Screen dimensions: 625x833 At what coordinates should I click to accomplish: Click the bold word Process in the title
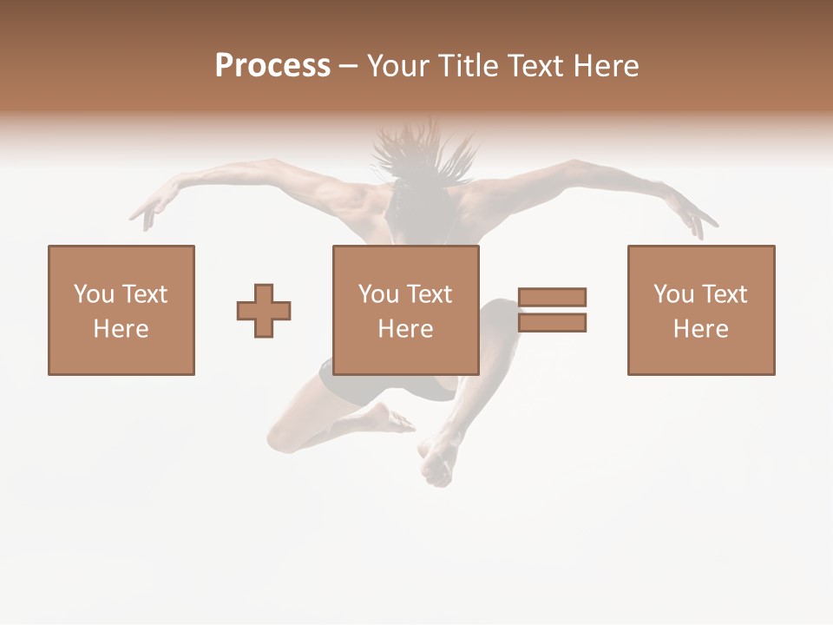tap(272, 66)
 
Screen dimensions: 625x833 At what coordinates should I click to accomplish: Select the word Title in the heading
tap(466, 66)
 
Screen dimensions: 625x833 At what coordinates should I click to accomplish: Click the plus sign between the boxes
tap(264, 311)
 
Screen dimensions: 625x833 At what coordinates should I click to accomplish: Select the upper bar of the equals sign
tap(552, 297)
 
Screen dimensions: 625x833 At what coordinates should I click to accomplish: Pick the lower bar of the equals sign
tap(552, 323)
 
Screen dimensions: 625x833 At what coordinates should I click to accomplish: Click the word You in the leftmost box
tap(93, 294)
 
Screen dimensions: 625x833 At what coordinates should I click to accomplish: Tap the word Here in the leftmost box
tap(121, 329)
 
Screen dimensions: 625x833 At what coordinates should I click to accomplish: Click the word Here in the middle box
tap(405, 329)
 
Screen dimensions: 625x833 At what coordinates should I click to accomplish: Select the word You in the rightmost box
tap(673, 294)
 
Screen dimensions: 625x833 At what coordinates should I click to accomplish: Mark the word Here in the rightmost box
tap(700, 329)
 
